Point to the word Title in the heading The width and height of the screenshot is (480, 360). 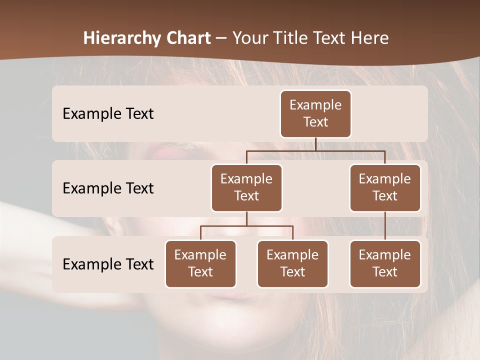(x=293, y=38)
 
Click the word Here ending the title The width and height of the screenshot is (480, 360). (x=370, y=38)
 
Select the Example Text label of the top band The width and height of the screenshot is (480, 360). (x=108, y=113)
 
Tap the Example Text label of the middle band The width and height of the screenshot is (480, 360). (x=108, y=188)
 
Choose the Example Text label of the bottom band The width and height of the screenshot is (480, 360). (x=108, y=264)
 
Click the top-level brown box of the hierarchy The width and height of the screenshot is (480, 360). (x=315, y=113)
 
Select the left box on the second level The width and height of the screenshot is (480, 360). (x=246, y=187)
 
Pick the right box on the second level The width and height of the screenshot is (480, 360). (x=385, y=187)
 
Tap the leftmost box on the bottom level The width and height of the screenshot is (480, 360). (x=200, y=263)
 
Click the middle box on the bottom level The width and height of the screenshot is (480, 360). (x=292, y=263)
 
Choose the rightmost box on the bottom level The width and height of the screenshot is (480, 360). (x=385, y=263)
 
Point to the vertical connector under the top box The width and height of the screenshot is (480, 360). (x=315, y=144)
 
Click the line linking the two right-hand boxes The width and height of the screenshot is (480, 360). (x=385, y=226)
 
